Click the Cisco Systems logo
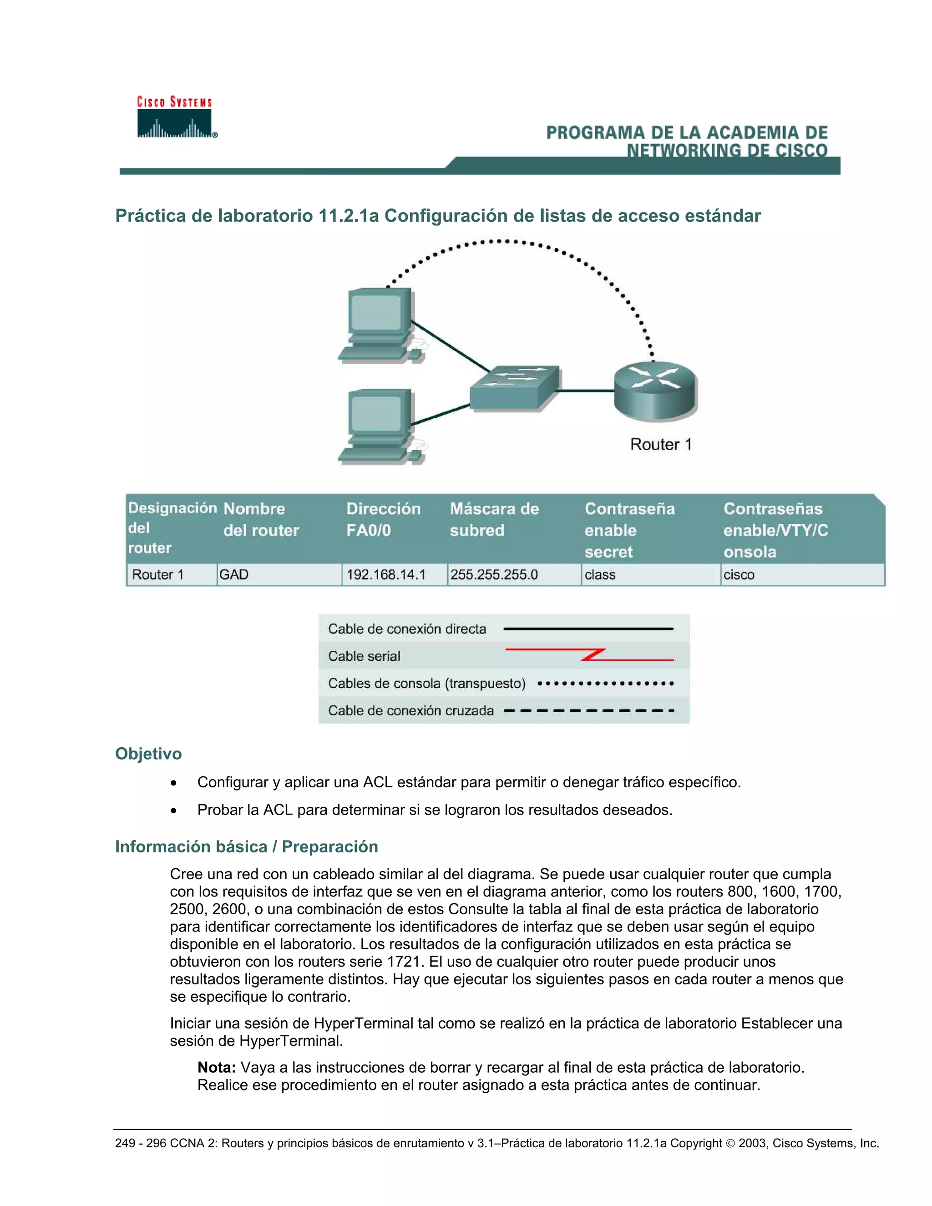pos(175,117)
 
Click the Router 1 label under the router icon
pos(660,445)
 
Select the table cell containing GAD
pos(279,575)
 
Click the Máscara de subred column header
pos(494,519)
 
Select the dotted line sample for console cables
pos(605,684)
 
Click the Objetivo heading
pos(148,754)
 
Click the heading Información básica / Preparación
pos(246,846)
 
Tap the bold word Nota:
pos(217,1067)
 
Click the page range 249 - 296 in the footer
pos(140,1143)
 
